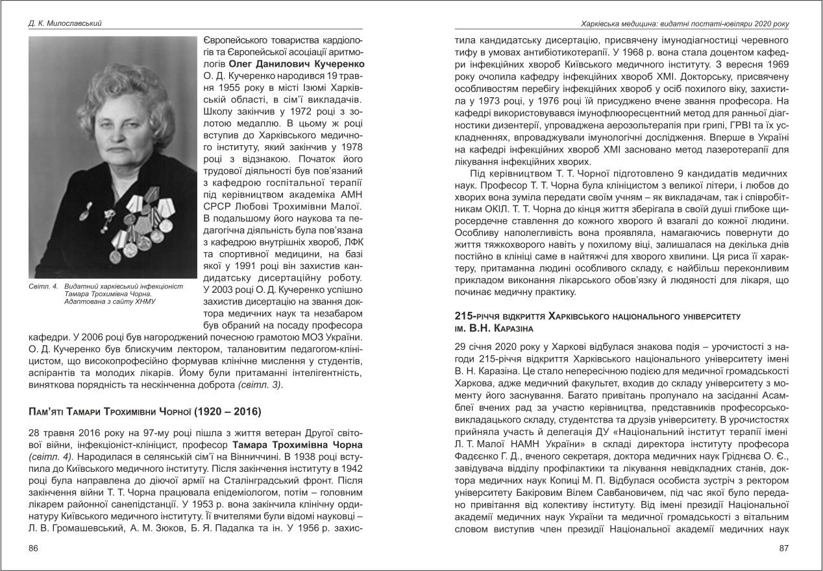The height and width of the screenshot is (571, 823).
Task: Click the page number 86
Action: coord(34,548)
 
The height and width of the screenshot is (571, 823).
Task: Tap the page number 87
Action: coord(783,548)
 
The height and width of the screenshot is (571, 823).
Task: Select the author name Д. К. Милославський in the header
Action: coord(65,24)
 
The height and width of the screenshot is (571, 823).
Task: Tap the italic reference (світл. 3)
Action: coord(260,385)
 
